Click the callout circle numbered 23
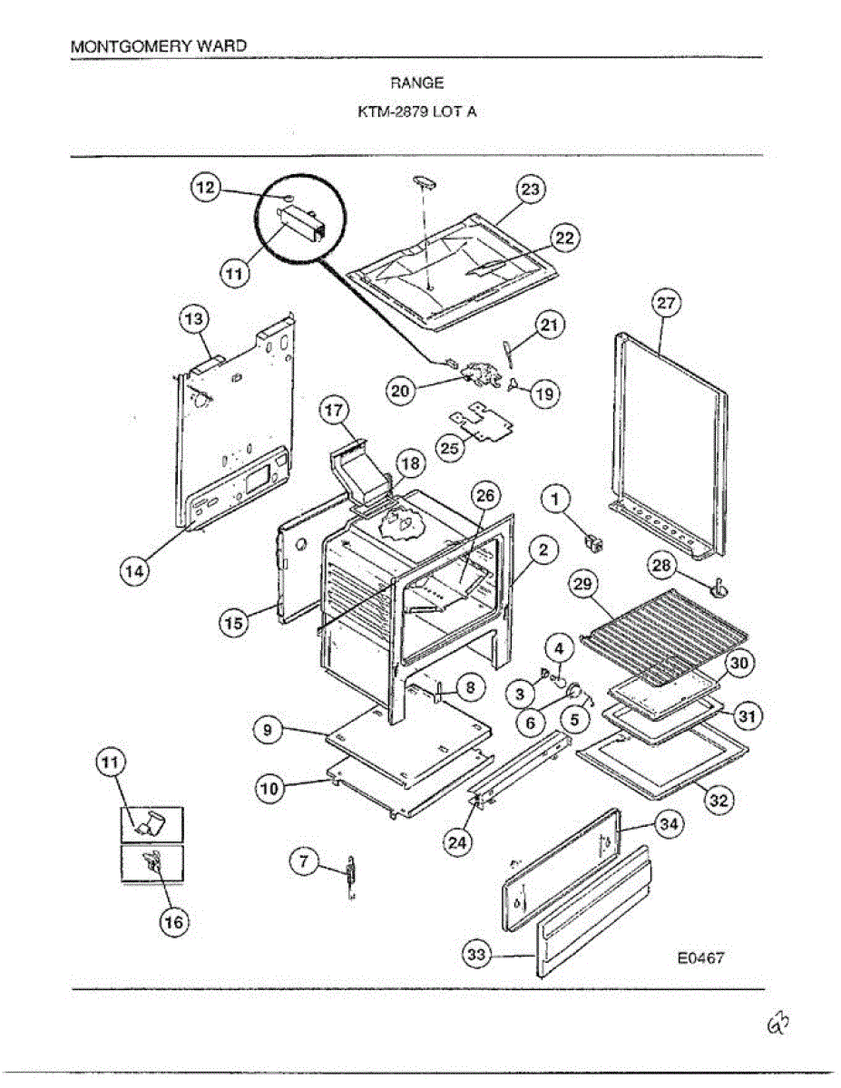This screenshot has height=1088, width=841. pos(530,189)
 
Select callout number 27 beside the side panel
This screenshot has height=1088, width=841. pos(667,304)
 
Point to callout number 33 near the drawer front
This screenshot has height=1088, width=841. pos(476,954)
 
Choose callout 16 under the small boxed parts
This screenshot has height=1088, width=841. pos(172,922)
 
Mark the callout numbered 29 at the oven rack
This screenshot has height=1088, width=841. pos(583,585)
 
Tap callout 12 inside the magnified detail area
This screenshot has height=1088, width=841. pos(205,188)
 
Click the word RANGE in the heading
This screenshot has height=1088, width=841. pos(417,83)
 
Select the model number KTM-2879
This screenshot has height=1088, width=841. pos(391,113)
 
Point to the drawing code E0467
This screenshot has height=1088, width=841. pos(700,957)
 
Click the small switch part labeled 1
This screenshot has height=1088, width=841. pos(595,543)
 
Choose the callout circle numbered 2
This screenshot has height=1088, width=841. pos(542,549)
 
